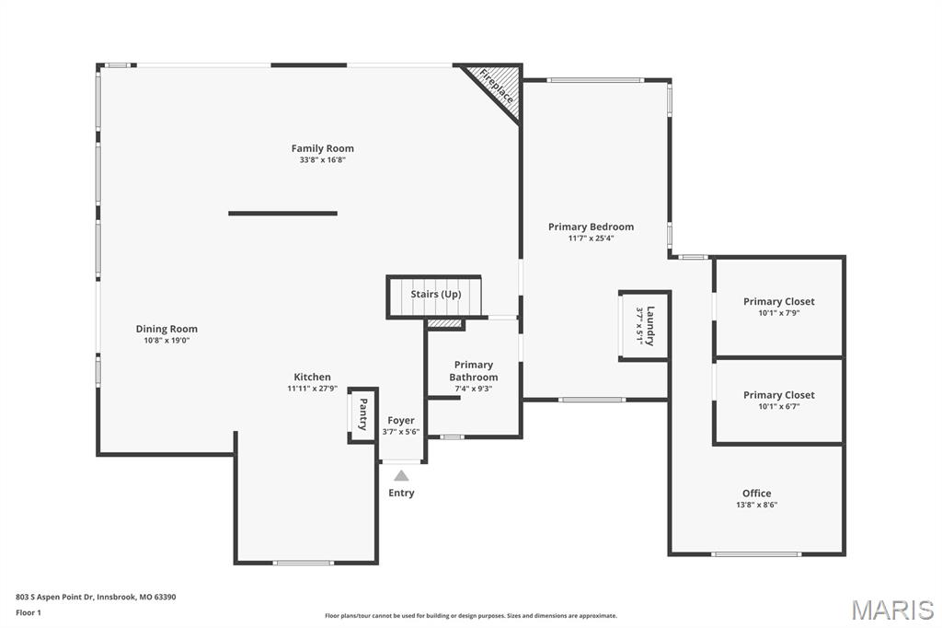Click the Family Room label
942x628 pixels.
[x=322, y=148]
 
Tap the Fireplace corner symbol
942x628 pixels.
[x=498, y=87]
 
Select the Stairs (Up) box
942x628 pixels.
[x=435, y=296]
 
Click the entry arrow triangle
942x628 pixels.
[x=401, y=475]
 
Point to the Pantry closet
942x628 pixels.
[x=362, y=414]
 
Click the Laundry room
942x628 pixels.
[x=644, y=326]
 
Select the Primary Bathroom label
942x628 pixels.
[x=474, y=371]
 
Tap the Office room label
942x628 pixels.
[x=756, y=494]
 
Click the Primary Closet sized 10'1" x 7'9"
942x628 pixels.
[x=778, y=307]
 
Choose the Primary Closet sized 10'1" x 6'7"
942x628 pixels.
[x=778, y=401]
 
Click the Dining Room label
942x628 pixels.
[x=167, y=329]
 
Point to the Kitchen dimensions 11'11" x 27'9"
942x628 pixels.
[x=312, y=389]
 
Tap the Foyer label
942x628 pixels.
[x=401, y=421]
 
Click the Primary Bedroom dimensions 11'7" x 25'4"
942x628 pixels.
[x=591, y=238]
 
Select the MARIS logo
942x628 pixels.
[x=892, y=610]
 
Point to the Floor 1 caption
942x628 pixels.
[x=29, y=612]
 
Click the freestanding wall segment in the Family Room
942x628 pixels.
[x=282, y=214]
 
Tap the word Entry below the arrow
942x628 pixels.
[x=401, y=493]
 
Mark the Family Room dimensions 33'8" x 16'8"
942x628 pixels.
[x=322, y=160]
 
